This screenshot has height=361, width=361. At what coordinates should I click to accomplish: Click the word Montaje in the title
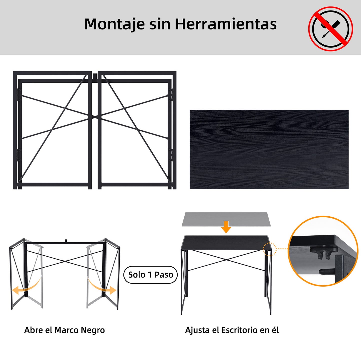tap(114, 24)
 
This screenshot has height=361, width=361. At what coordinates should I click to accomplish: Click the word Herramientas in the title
tap(226, 24)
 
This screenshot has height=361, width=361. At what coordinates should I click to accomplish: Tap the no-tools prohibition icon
tap(331, 29)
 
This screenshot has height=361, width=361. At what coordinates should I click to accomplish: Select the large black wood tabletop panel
tap(269, 149)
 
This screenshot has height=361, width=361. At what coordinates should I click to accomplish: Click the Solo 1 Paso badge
tap(150, 275)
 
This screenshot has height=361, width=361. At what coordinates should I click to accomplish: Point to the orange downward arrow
tap(226, 227)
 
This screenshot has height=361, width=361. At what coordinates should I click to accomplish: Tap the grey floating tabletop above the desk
tap(226, 219)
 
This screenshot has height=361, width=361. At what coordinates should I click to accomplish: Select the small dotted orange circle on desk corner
tap(270, 249)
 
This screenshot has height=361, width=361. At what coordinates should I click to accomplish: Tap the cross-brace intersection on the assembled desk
tap(226, 260)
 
